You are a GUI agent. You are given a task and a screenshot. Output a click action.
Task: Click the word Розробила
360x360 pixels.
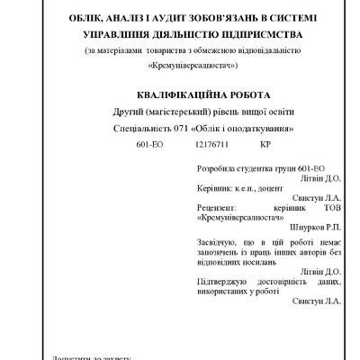216,169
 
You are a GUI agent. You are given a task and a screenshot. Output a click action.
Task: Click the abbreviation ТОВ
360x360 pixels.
330,208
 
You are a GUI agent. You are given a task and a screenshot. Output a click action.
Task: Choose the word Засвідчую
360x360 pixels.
217,243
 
